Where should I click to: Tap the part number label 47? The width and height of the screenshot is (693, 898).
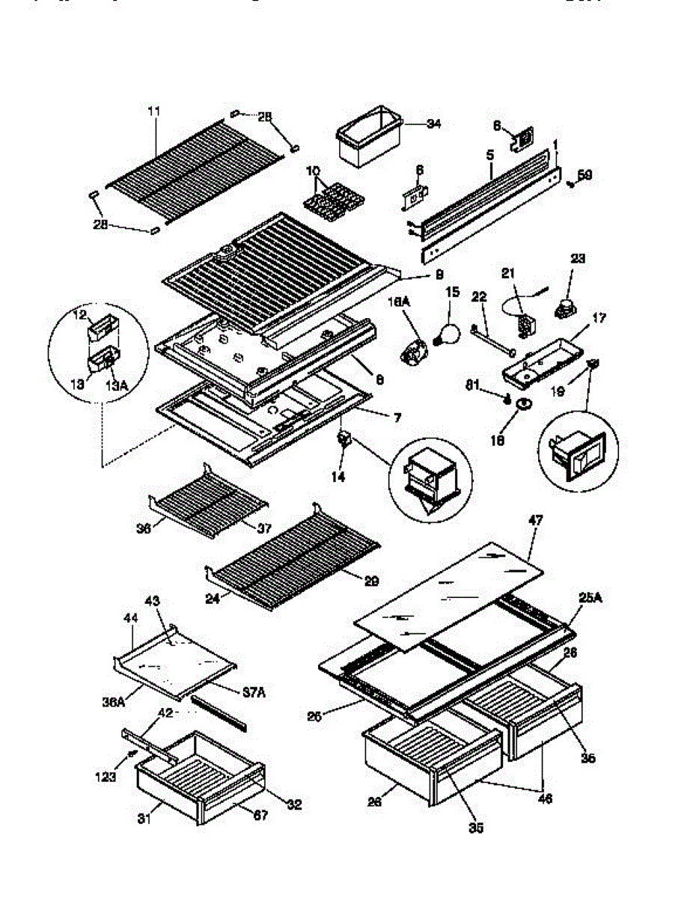(x=535, y=519)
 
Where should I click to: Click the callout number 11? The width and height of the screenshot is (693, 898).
(x=153, y=111)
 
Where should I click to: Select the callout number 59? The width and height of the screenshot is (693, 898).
(x=584, y=175)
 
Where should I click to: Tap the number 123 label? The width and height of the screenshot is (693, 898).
(x=106, y=778)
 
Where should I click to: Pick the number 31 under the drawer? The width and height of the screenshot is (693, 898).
(x=144, y=819)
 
